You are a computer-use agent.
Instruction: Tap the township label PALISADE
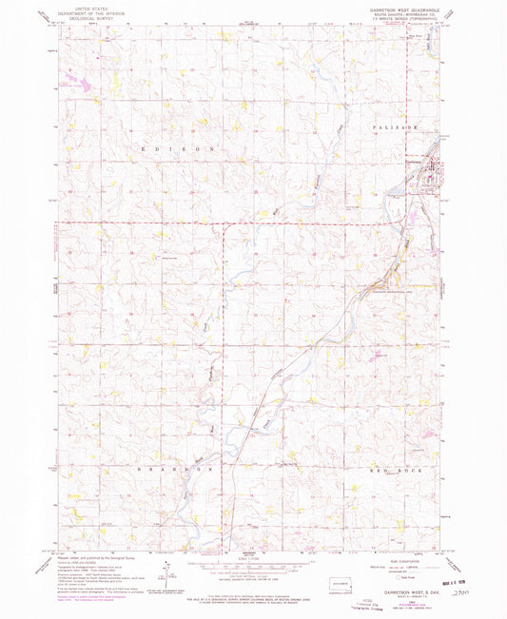(x=395, y=124)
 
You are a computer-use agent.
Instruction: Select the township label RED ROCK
(x=391, y=470)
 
